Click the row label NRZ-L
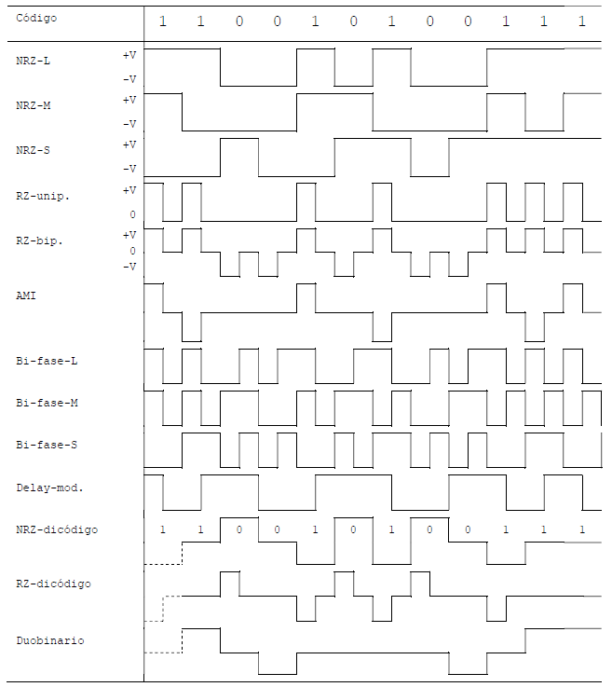[34, 61]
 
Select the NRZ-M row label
[34, 105]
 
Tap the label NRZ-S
[34, 150]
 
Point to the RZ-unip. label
[43, 196]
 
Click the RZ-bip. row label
[39, 241]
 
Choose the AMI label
[26, 295]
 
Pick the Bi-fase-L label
[47, 361]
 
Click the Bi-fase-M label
[47, 403]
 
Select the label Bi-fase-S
[47, 446]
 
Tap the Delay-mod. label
[50, 488]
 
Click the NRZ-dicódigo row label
[57, 529]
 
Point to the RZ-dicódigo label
[53, 584]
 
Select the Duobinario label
[50, 640]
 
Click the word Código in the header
[36, 18]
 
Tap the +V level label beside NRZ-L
[129, 55]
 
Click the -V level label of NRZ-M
[129, 124]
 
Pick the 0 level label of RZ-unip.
[132, 214]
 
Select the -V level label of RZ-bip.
[129, 267]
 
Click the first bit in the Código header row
[162, 21]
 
